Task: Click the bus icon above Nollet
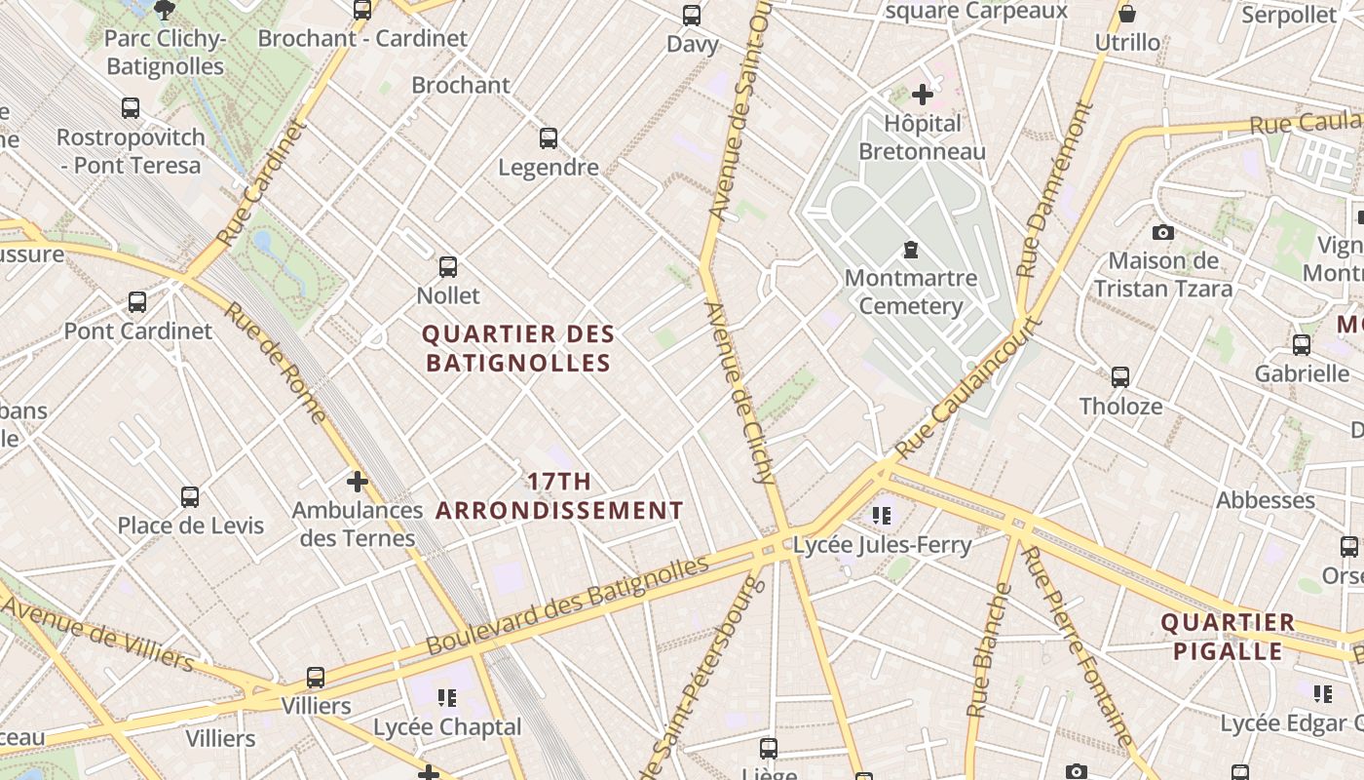(448, 266)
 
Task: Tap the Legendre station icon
(549, 138)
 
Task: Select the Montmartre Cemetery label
(910, 292)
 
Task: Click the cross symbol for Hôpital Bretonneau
(922, 95)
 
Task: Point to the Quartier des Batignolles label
(518, 349)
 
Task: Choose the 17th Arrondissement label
(559, 495)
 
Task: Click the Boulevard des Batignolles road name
(567, 605)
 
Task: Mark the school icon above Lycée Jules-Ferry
(883, 515)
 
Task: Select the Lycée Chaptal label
(448, 727)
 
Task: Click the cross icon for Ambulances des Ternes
(358, 481)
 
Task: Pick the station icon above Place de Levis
(190, 497)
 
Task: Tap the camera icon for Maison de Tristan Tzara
(1162, 232)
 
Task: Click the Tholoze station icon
(1120, 377)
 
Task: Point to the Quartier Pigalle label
(1228, 637)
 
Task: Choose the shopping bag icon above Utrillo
(1127, 14)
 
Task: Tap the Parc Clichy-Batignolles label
(165, 53)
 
